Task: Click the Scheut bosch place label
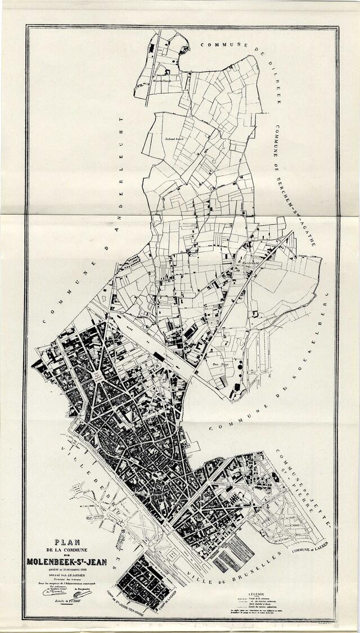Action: coord(175,138)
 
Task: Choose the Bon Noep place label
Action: coord(220,365)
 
